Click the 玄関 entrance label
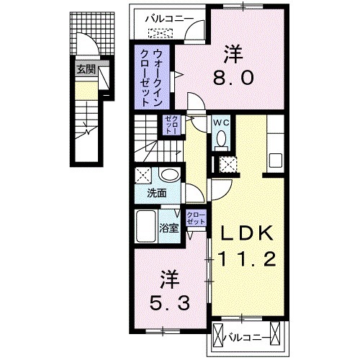(85, 71)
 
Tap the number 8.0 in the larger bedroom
(233, 76)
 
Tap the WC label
(220, 122)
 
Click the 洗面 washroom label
(157, 193)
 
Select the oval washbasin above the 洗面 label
(170, 175)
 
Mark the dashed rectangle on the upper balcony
(161, 32)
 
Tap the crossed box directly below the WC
(229, 163)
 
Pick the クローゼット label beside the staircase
(172, 126)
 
